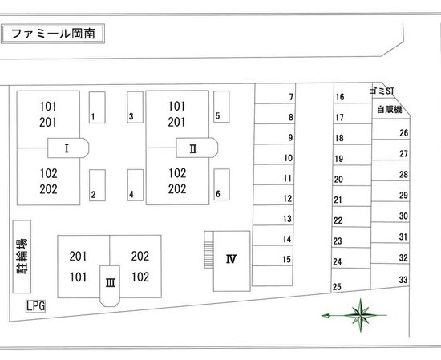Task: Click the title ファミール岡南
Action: click(x=53, y=34)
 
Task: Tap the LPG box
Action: click(x=35, y=306)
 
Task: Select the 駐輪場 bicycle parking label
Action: click(x=22, y=257)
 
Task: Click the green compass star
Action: click(x=360, y=315)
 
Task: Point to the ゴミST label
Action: click(x=382, y=91)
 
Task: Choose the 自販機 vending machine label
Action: click(x=389, y=109)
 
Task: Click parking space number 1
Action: click(x=97, y=107)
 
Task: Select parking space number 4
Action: click(x=136, y=185)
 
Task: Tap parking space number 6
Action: click(x=221, y=184)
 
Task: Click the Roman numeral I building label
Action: click(x=67, y=148)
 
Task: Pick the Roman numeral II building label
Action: click(x=193, y=148)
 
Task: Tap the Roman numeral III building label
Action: click(x=111, y=282)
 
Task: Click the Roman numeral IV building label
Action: click(x=231, y=259)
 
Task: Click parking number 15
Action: click(x=286, y=259)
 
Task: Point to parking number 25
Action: click(x=337, y=287)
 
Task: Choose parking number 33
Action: click(x=403, y=280)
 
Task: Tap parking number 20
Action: click(x=338, y=179)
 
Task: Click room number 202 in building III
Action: click(x=140, y=256)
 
